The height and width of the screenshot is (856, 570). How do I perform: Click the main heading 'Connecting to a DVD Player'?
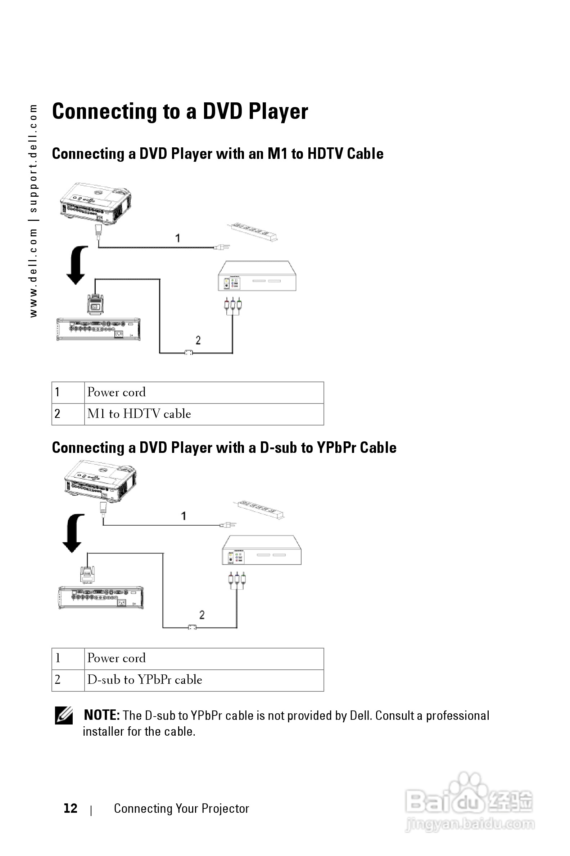tap(180, 111)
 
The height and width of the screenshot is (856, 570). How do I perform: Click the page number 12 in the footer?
tap(70, 808)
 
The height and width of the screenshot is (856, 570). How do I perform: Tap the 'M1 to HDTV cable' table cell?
tap(139, 414)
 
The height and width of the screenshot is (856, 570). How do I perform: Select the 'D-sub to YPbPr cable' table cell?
tap(144, 679)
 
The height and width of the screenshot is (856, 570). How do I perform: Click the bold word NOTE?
tap(101, 715)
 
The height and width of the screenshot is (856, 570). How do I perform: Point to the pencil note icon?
tap(64, 715)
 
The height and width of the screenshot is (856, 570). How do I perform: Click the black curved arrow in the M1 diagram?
tap(77, 265)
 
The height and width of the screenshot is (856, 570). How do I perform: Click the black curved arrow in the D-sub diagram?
tap(73, 533)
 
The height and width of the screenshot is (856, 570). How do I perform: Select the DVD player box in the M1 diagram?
tap(257, 276)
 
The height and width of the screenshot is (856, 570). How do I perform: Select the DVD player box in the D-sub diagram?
tap(262, 550)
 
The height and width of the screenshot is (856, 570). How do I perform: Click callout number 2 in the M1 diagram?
tap(198, 340)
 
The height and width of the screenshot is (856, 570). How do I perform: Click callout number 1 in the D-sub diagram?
tap(184, 516)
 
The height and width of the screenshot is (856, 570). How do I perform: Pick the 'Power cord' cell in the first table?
tap(116, 392)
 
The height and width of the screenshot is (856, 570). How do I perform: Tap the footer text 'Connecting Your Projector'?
tap(181, 808)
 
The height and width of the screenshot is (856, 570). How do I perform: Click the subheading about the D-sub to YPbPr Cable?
tap(224, 448)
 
